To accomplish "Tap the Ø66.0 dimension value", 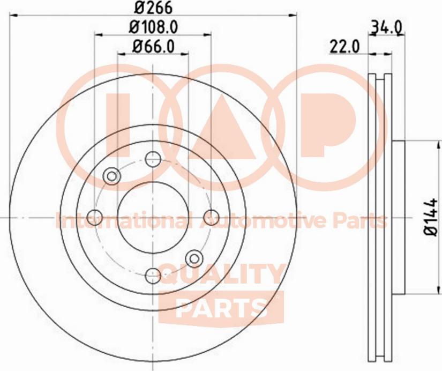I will tap(153, 47).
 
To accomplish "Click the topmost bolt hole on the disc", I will tap(153, 159).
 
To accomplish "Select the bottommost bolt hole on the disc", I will tap(153, 274).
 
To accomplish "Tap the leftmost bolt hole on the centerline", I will tap(95, 217).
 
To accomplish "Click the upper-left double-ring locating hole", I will tap(112, 176).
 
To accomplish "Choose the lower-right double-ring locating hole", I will tap(194, 258).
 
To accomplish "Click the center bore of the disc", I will tap(153, 217).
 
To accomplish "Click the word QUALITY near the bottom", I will tap(220, 276).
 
